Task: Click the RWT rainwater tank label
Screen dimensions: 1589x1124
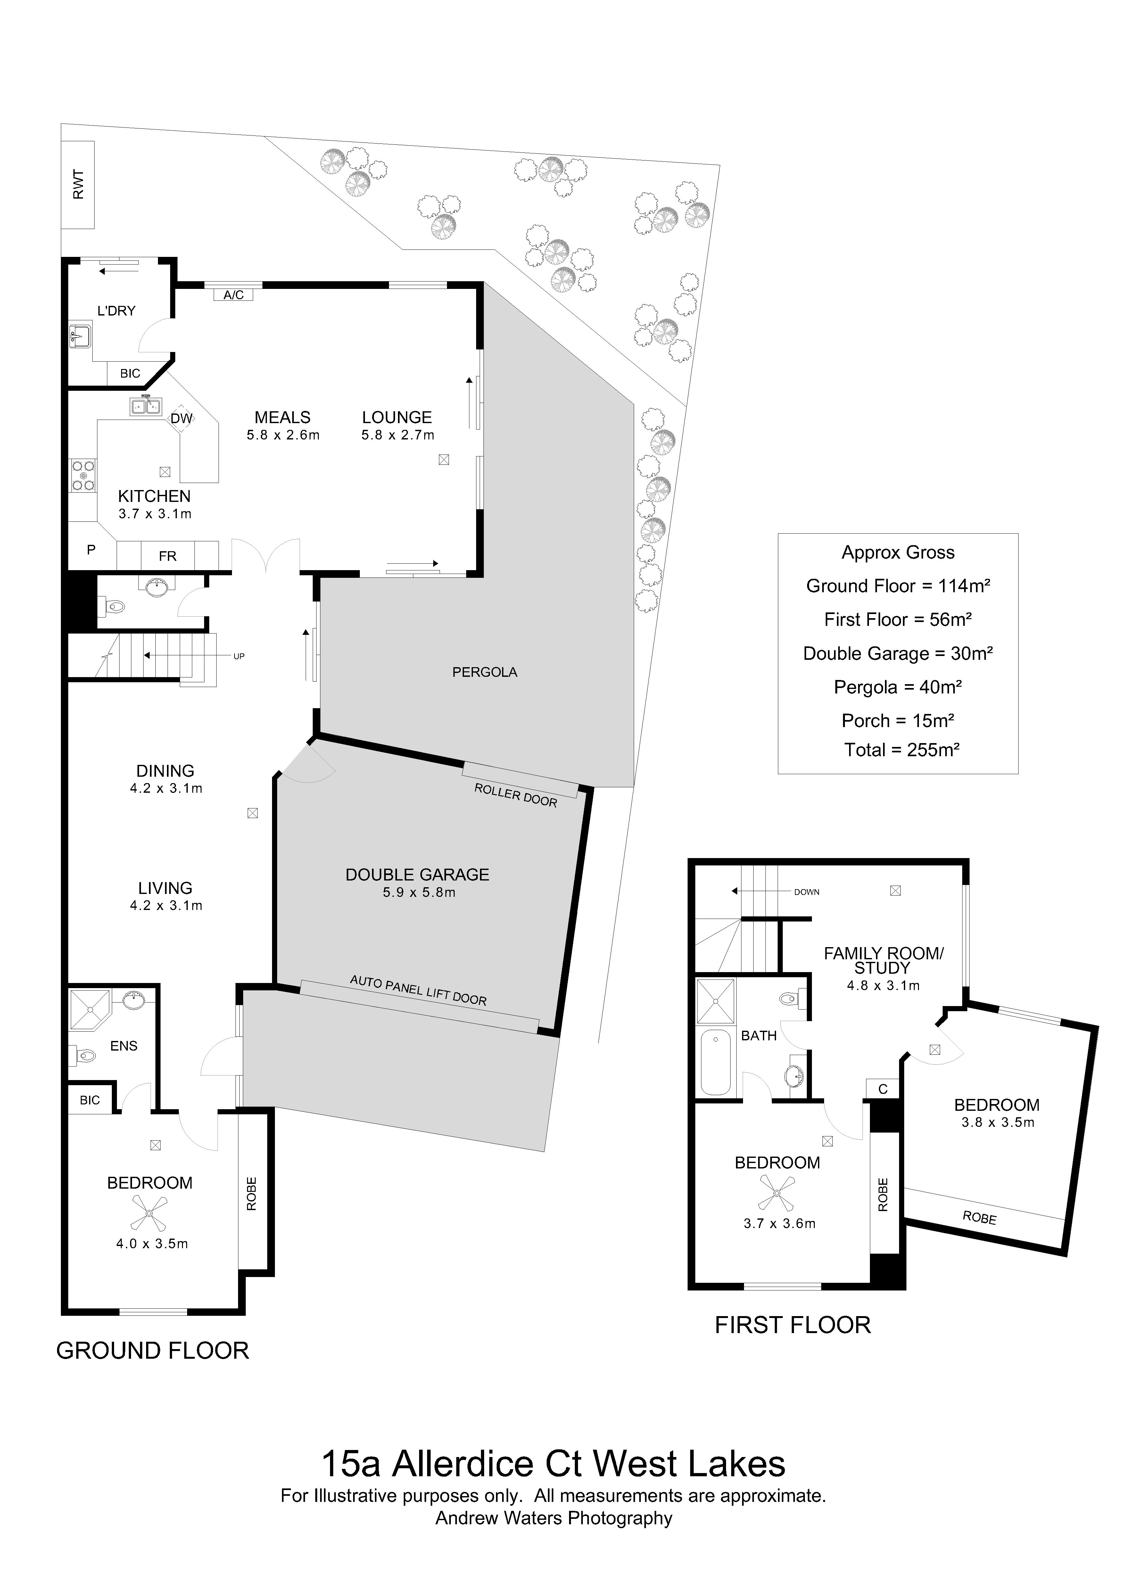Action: click(x=78, y=185)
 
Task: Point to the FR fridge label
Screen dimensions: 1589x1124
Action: click(x=168, y=556)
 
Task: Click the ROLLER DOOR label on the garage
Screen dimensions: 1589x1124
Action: click(x=516, y=795)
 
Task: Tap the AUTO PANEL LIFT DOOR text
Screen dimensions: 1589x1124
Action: click(x=418, y=990)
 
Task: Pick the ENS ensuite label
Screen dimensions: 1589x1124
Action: click(x=124, y=1046)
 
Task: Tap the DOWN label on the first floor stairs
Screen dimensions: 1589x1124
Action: click(x=806, y=892)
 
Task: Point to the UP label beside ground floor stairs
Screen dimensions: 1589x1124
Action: click(x=239, y=656)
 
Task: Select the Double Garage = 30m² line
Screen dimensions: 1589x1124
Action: click(x=898, y=653)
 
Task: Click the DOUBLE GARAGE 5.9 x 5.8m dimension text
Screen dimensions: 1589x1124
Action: click(x=419, y=893)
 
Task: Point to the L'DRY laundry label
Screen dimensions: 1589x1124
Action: click(x=116, y=311)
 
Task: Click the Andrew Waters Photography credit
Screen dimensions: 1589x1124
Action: click(x=554, y=1518)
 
